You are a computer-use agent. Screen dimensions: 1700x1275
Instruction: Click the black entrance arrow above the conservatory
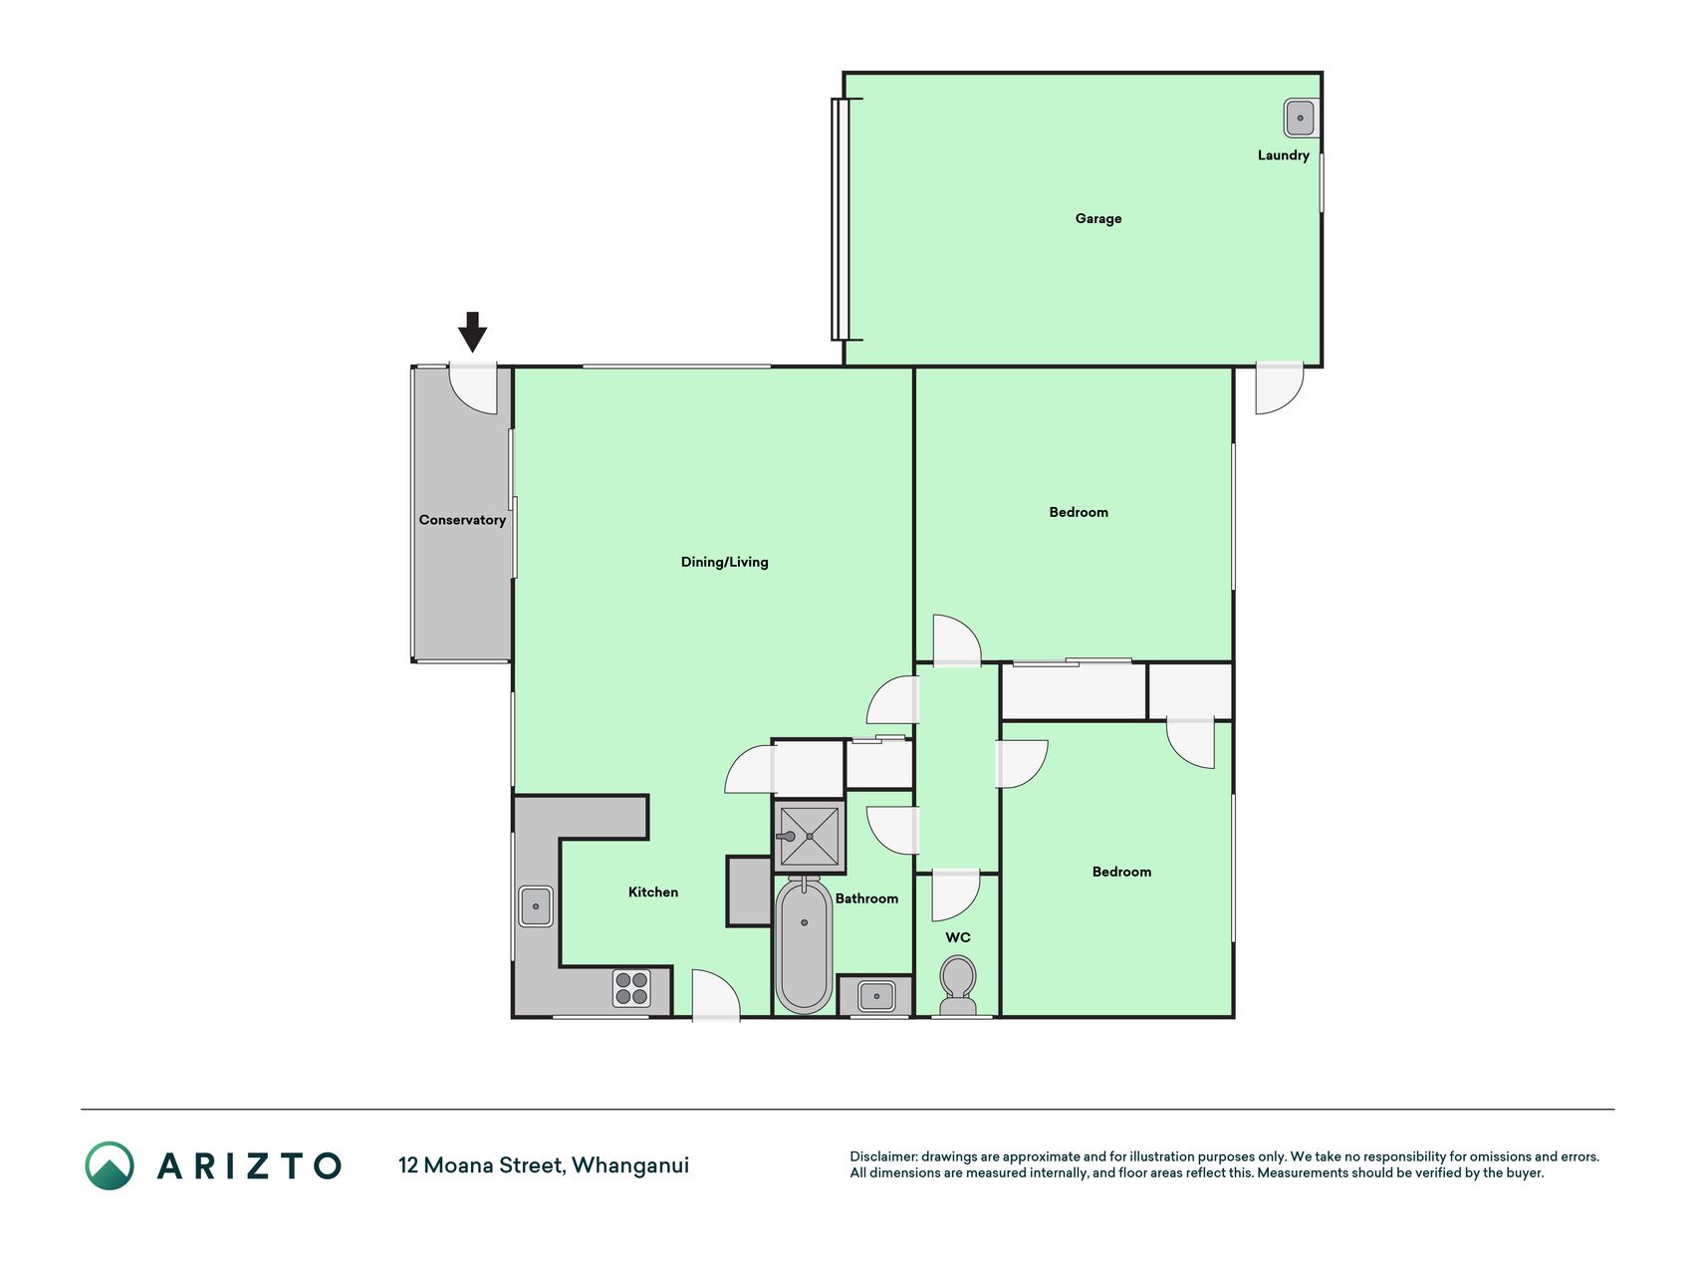[472, 332]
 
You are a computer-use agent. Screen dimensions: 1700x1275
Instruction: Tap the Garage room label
[1097, 218]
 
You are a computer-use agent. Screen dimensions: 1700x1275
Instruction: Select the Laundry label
[1283, 155]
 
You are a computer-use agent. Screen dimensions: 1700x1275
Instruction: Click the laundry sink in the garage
[1300, 118]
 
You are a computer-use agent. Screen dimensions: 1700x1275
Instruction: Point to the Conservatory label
[462, 520]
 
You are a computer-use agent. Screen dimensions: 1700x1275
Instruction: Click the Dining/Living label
[724, 562]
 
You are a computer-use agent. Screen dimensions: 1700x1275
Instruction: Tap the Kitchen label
[652, 892]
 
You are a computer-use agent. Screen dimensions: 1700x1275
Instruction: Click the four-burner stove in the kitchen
[631, 988]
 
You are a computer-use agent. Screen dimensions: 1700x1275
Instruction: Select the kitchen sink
[536, 906]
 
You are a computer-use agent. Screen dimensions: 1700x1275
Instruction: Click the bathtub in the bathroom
[804, 944]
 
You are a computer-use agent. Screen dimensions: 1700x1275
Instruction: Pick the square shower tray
[810, 837]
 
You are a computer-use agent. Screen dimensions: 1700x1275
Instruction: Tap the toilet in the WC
[958, 985]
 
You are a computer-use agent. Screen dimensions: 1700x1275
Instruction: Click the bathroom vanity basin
[875, 995]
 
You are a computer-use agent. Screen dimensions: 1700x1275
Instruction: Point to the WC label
[957, 937]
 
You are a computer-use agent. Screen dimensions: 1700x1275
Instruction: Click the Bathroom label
[866, 898]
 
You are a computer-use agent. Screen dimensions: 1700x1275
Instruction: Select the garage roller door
[841, 219]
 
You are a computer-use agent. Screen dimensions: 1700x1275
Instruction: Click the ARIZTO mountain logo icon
[110, 1165]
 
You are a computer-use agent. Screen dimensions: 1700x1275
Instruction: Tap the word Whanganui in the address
[630, 1165]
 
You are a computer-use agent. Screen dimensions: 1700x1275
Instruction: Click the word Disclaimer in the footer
[882, 1156]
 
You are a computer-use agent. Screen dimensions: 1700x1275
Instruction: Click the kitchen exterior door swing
[716, 995]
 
